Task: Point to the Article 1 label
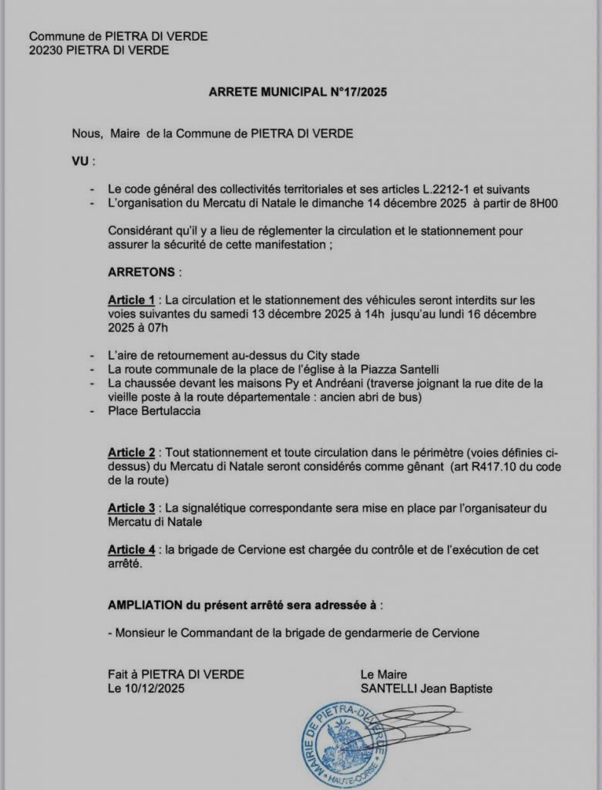[x=131, y=299]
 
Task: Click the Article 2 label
[x=131, y=452]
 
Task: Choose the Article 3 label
[x=131, y=508]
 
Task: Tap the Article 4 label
[x=131, y=549]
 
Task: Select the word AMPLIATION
[x=144, y=605]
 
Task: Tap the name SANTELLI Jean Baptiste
[x=425, y=688]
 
